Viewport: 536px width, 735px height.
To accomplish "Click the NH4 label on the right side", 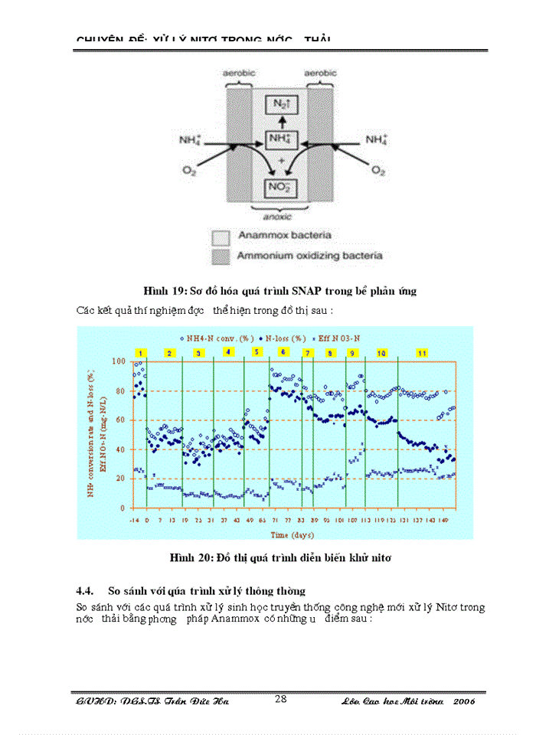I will click(x=375, y=139).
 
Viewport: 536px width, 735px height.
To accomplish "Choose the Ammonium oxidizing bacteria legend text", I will click(x=309, y=255).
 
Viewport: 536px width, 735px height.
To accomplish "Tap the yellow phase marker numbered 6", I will click(x=283, y=351).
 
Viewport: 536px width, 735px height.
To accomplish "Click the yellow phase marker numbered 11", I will click(x=421, y=352).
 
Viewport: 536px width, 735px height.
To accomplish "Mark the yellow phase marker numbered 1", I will click(x=140, y=352).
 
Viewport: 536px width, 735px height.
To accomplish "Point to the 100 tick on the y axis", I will click(x=119, y=361).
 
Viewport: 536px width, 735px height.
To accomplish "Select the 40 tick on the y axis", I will click(x=120, y=449).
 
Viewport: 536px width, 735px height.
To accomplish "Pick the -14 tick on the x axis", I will click(x=134, y=520).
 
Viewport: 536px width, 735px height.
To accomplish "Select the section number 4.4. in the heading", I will click(x=85, y=590).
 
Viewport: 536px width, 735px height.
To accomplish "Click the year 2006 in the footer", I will click(x=464, y=701).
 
